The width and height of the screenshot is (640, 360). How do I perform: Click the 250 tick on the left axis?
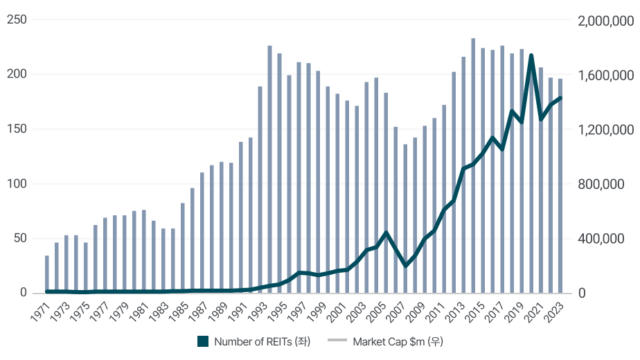click(17, 20)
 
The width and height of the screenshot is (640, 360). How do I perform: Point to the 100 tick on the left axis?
click(17, 184)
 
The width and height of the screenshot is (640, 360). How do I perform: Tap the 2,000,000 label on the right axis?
click(606, 21)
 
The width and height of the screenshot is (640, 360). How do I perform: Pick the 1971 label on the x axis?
click(40, 312)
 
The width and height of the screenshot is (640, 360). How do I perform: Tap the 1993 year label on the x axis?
click(258, 312)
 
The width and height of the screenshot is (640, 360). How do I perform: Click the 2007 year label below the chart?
click(396, 312)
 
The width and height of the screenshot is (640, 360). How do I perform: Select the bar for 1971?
click(47, 274)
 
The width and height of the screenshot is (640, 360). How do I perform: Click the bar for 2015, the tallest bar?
click(473, 166)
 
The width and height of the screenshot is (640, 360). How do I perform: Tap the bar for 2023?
click(560, 186)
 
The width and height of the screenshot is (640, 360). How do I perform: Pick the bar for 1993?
click(260, 190)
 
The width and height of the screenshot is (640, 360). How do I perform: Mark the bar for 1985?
click(182, 248)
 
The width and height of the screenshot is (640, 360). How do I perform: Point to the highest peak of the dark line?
click(531, 55)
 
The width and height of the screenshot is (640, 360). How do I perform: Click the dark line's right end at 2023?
click(560, 98)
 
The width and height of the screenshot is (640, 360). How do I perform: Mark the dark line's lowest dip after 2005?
click(406, 265)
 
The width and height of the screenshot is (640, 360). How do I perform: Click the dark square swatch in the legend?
click(203, 342)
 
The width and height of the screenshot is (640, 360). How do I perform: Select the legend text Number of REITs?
click(252, 342)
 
